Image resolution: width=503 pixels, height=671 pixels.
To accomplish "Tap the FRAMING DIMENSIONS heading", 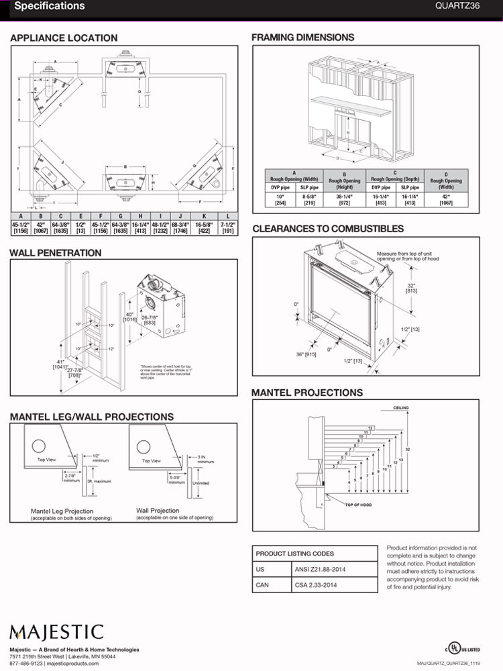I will (x=302, y=38).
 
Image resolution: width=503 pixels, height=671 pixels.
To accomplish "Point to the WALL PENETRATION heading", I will (x=56, y=253).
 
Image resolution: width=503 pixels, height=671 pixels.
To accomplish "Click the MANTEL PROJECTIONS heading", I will (x=307, y=393).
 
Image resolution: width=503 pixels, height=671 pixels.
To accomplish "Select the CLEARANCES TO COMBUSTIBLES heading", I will (x=328, y=229).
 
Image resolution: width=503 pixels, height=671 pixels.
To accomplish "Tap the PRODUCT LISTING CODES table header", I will (x=294, y=554).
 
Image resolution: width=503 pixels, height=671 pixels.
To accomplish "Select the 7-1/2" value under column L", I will (x=228, y=228).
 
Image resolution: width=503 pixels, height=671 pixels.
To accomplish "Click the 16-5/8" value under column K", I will (x=204, y=228).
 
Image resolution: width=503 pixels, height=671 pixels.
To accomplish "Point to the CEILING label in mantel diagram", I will (x=401, y=407).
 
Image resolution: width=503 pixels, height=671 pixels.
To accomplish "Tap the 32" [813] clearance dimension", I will (x=411, y=287).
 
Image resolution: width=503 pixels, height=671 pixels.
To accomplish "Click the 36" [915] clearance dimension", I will (x=305, y=355).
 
